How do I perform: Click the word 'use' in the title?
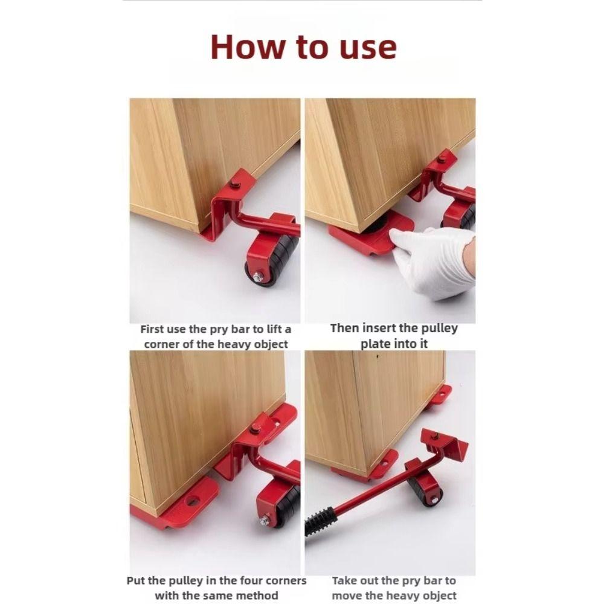pos(365,47)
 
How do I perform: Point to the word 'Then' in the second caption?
pos(344,329)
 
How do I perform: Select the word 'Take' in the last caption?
pos(346,580)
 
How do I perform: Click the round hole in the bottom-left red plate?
pos(193,501)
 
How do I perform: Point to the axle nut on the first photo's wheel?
pos(258,277)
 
